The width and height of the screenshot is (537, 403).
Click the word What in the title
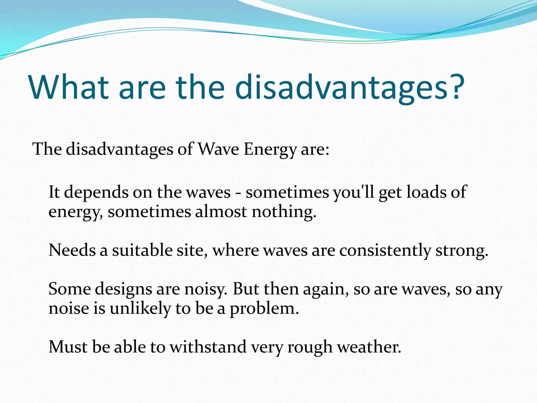[69, 87]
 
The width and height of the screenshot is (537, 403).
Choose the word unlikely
[140, 308]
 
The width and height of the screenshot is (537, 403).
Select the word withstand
[208, 347]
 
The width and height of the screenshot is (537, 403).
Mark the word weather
[369, 347]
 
